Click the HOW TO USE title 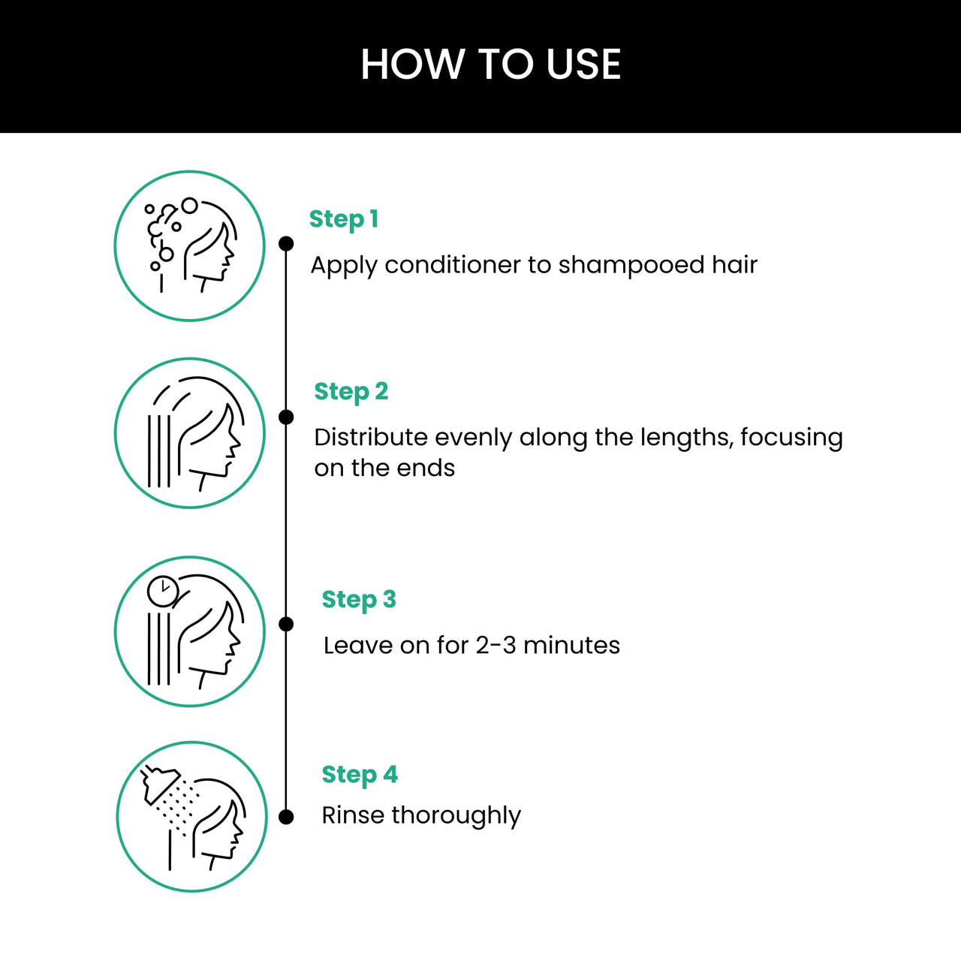[x=490, y=64]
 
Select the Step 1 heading [x=344, y=219]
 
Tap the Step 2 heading [x=351, y=392]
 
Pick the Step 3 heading [x=358, y=600]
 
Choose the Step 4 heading [x=360, y=775]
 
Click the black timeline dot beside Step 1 [x=286, y=243]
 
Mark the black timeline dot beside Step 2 [x=286, y=417]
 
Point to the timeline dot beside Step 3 [x=286, y=624]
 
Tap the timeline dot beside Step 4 [x=286, y=818]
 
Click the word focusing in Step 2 [x=791, y=437]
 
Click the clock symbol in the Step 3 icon [x=162, y=592]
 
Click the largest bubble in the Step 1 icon [x=190, y=205]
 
